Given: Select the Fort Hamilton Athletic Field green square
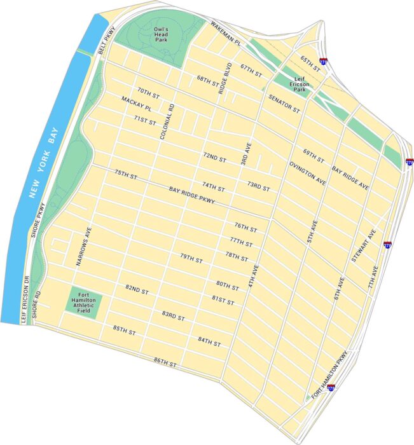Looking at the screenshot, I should tap(82, 303).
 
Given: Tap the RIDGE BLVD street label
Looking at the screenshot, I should tap(223, 78).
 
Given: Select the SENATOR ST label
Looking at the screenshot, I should tap(284, 104).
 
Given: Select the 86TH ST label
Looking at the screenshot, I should tap(165, 361).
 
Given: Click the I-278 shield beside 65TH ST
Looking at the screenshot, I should tap(324, 62).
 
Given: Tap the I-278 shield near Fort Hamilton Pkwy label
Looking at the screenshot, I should tap(331, 387).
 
